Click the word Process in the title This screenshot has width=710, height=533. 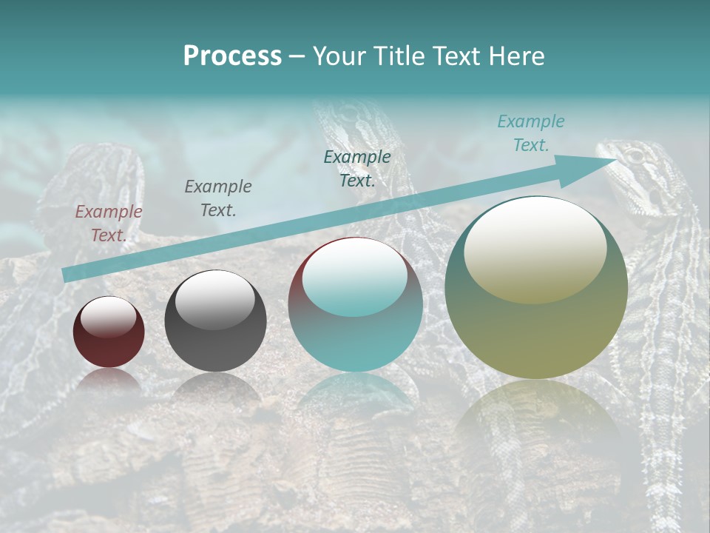tap(232, 56)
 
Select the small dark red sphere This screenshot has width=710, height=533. tap(109, 332)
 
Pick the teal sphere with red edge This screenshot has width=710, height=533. tap(355, 305)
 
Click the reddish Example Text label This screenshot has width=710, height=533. tap(108, 223)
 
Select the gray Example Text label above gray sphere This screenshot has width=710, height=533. tap(217, 198)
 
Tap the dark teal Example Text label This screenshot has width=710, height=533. tap(357, 168)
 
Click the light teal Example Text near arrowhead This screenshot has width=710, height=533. tap(530, 133)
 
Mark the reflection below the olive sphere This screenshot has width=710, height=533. tap(536, 415)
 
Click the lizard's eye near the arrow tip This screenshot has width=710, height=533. tap(634, 156)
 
